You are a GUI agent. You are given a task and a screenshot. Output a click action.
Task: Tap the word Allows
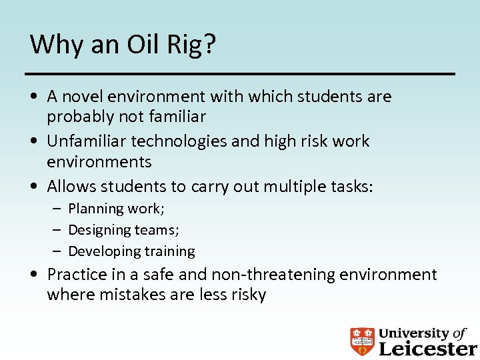pos(71,186)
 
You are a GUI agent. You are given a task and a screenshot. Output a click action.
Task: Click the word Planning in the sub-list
pos(95,209)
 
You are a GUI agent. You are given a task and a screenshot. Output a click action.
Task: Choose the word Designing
pos(99,230)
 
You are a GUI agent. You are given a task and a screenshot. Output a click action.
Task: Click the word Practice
pos(77,275)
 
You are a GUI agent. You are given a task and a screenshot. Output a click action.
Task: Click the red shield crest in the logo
pos(362,341)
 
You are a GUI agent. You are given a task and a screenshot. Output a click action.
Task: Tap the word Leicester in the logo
pos(427,348)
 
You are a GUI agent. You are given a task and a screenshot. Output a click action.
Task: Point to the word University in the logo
pos(413,333)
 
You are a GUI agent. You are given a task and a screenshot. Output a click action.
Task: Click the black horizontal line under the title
pos(240,73)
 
